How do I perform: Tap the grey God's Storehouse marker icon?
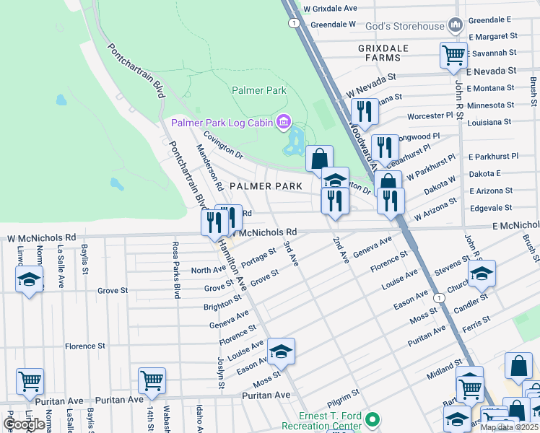[455, 26]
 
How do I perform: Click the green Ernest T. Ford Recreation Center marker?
[373, 419]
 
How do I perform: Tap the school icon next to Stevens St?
[482, 274]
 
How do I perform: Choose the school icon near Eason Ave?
[282, 351]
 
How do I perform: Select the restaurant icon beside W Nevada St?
[364, 111]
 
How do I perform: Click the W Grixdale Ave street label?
[330, 9]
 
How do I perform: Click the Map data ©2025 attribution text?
[509, 427]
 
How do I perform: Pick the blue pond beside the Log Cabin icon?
[295, 141]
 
